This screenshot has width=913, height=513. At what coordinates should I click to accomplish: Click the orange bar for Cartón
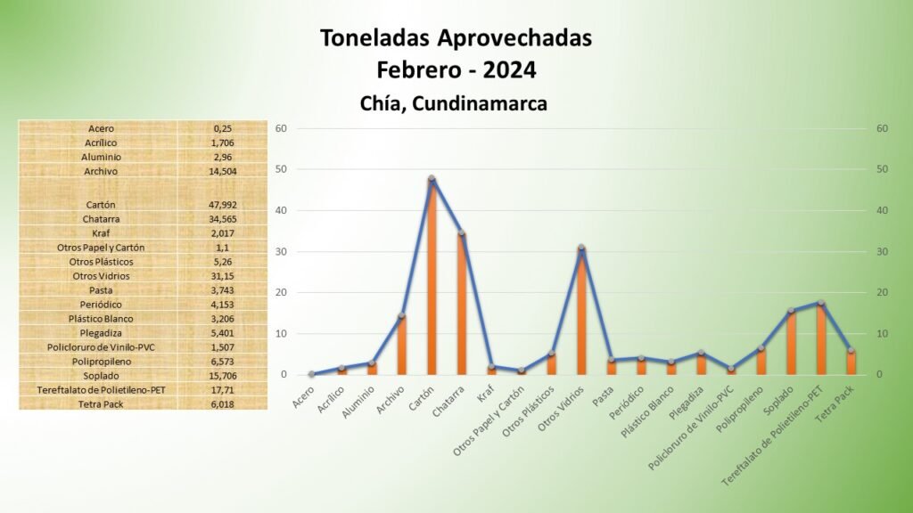pos(432,276)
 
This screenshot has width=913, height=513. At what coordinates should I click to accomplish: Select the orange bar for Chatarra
pos(462,304)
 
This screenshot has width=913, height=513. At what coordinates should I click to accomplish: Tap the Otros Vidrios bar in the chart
pos(581,311)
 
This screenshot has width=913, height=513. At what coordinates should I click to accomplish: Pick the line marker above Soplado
pos(791,311)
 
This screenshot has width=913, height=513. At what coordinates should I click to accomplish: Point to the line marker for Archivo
pos(402,316)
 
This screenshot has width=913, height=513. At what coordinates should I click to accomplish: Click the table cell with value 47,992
pos(222,205)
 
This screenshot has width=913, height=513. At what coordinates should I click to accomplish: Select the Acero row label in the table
pos(101,128)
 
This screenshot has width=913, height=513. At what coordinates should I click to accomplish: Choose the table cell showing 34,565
pos(222,219)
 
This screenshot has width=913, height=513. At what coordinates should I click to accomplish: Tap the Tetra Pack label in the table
pos(101,404)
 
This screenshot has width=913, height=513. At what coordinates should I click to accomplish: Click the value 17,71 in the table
pos(222,390)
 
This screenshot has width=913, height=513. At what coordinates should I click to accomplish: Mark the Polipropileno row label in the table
pos(101,362)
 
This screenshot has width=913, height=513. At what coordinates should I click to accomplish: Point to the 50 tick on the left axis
pos(281,169)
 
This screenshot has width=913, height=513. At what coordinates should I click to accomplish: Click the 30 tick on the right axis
pos(882,252)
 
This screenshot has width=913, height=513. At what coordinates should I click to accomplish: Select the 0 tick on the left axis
pos(284,375)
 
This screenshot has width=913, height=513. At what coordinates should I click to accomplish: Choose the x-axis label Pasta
pos(603,396)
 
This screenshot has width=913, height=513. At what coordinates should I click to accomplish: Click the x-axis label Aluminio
pos(358,402)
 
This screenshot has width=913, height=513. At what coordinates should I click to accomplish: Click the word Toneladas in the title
pos(375,38)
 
